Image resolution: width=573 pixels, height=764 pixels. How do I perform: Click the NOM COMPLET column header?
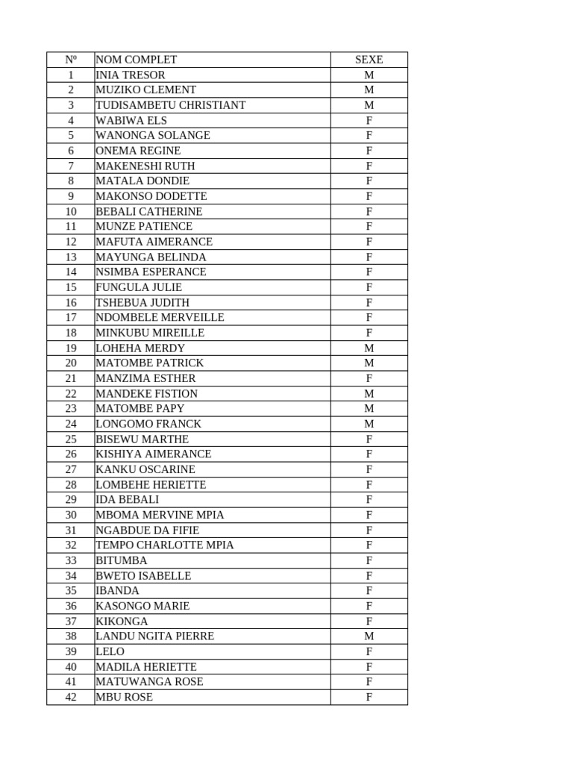coord(137,60)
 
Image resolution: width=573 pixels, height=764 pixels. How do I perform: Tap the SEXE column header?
coord(369,60)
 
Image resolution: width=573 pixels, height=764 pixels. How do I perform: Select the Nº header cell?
coord(71,60)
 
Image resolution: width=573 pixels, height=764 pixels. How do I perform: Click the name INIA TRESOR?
coord(131,75)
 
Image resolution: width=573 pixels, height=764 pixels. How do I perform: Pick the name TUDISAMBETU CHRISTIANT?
coord(170,105)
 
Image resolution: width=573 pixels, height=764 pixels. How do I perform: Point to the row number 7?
coord(71,166)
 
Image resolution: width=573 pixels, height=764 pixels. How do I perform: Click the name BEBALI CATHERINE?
coord(149,211)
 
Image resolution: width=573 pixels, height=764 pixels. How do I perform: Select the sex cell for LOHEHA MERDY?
coord(369,348)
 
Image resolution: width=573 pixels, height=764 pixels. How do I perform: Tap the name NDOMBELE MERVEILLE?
coord(160,317)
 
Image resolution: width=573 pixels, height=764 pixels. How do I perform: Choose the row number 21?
coord(71,378)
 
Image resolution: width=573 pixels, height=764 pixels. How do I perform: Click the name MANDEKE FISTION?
coord(147,393)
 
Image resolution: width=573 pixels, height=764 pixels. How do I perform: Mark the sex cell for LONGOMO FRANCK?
coord(369,424)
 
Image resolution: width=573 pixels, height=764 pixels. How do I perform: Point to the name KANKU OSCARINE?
coord(145,469)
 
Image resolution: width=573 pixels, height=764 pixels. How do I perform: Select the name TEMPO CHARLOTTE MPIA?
coord(165,545)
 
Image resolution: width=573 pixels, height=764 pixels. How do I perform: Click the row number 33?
coord(71,560)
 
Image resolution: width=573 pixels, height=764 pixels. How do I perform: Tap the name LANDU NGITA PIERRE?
coord(154,636)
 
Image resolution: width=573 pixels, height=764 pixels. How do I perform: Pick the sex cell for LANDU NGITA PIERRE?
coord(369,636)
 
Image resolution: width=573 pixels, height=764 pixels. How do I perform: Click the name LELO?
coord(110,651)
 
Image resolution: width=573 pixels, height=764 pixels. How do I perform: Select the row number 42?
coord(71,697)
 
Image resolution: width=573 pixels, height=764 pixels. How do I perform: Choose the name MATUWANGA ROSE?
coord(149,681)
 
